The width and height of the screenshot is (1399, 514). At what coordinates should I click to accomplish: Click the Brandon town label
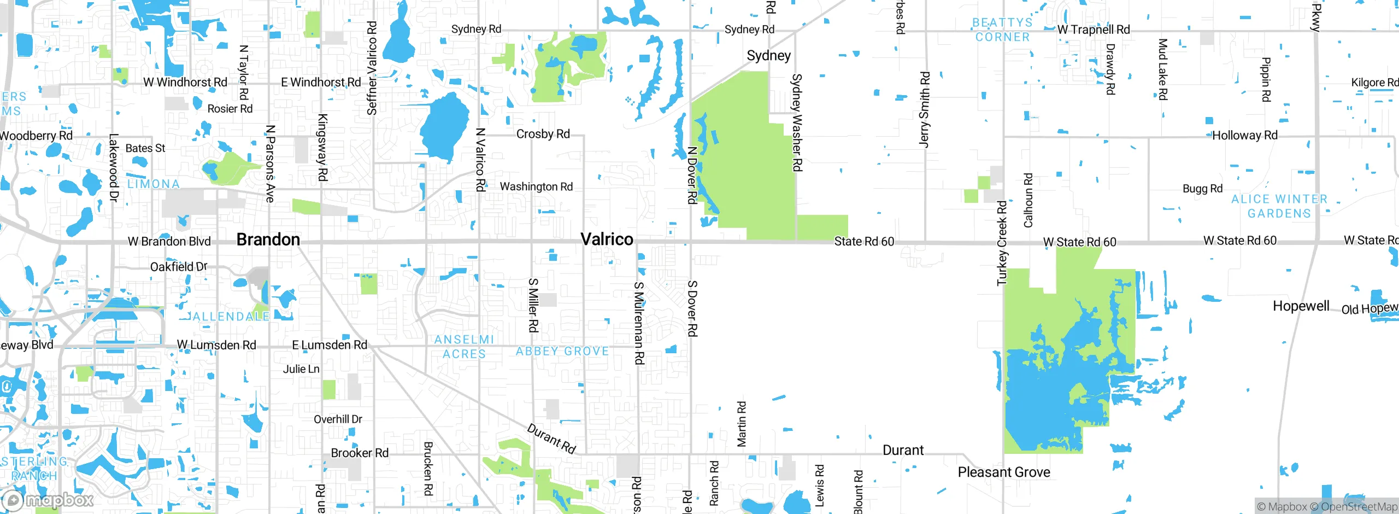click(268, 240)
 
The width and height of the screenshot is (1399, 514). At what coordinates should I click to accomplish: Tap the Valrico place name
click(607, 239)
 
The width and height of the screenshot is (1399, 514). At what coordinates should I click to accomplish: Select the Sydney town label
click(768, 56)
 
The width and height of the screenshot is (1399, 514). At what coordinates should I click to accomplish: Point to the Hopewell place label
click(1301, 306)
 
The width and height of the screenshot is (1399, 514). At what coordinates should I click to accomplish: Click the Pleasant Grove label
click(1003, 472)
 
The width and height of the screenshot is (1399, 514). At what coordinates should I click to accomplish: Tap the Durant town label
click(903, 451)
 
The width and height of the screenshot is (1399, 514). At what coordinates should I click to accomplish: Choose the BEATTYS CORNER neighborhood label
click(1002, 30)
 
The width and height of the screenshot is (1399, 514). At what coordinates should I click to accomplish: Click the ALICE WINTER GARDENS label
click(1279, 206)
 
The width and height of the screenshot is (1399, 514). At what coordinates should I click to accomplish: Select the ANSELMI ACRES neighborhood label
click(464, 347)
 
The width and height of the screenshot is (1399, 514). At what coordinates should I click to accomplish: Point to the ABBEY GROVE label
click(562, 351)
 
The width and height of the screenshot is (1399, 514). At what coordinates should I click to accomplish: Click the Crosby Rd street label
click(543, 134)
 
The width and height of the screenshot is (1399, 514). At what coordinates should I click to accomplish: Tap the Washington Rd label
click(536, 186)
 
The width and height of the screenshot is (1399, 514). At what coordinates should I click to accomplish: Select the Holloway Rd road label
click(1244, 135)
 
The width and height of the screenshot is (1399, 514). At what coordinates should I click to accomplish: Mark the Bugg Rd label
click(1202, 189)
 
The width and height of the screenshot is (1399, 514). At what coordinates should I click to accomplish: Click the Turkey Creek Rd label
click(1002, 243)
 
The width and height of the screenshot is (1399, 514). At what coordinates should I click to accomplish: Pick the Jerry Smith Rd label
click(924, 109)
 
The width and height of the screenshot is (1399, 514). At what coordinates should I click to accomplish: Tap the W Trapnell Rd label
click(1093, 30)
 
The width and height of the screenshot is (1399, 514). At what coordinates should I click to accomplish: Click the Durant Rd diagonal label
click(551, 439)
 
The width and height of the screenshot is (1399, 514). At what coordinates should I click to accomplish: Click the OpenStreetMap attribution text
click(1359, 507)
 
